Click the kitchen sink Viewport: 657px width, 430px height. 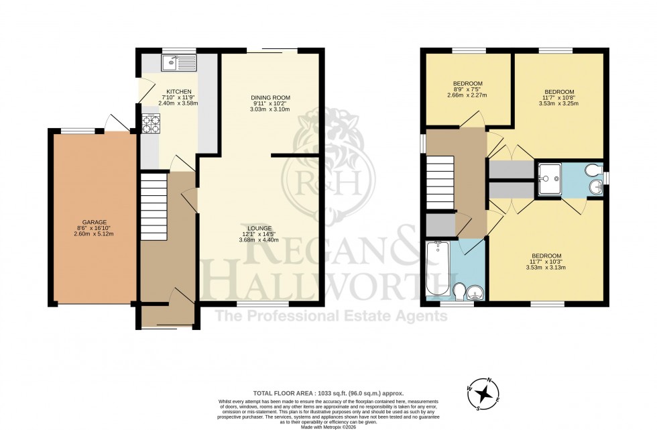[178, 63]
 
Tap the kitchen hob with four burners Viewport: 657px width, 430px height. [151, 124]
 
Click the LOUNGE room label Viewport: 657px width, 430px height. [258, 229]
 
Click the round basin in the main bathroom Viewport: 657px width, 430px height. [477, 292]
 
